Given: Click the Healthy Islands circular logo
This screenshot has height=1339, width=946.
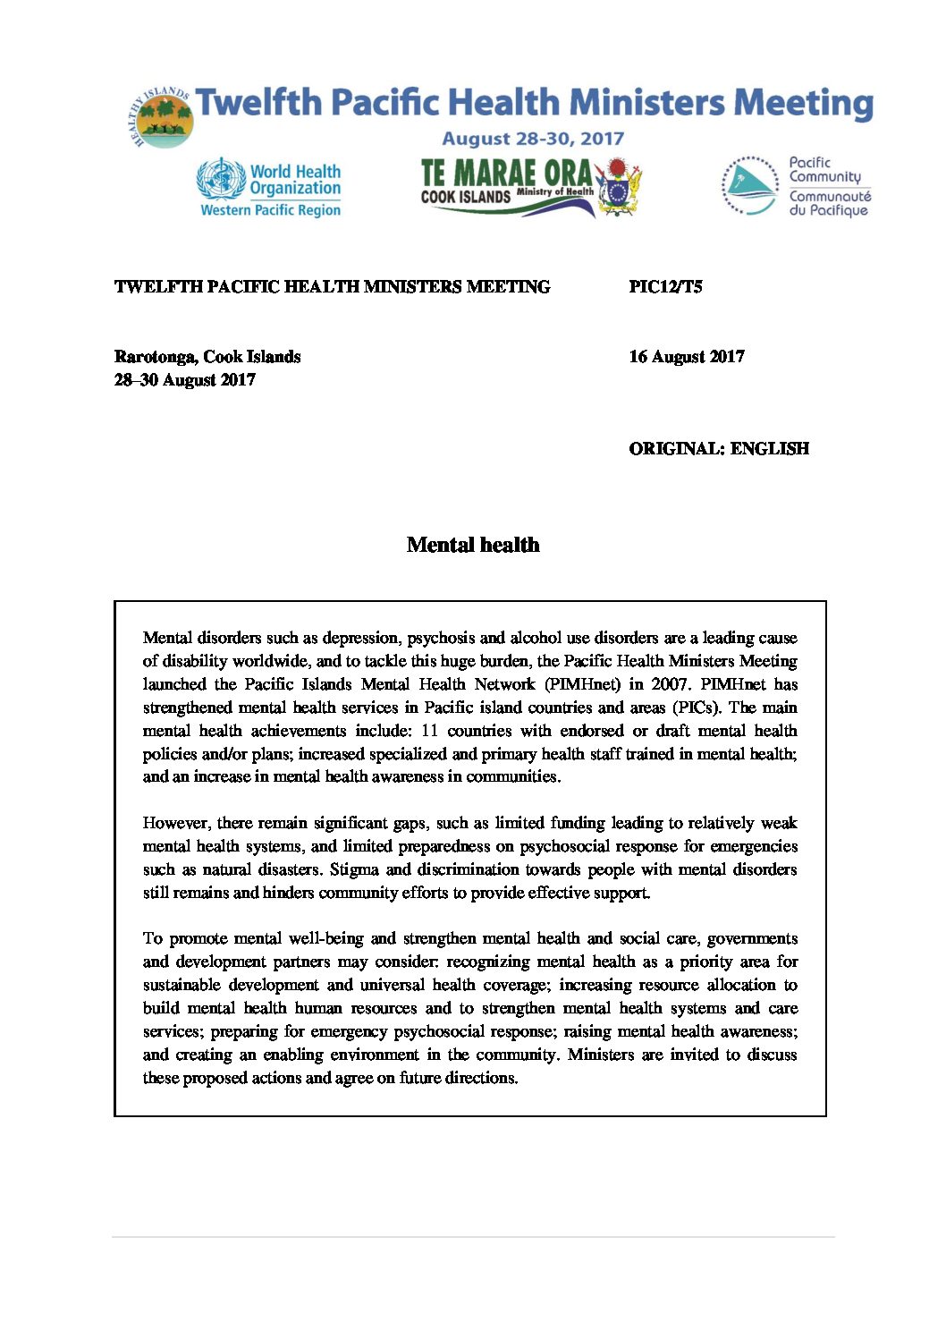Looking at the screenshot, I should pos(161,118).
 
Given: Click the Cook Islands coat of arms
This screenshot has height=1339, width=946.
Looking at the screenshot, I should pos(619,186).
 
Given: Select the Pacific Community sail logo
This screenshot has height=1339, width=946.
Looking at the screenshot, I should pos(749,186).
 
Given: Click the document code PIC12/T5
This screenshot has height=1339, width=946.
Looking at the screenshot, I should pos(665,287).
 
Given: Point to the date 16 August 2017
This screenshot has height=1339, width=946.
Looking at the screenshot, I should pos(686,357).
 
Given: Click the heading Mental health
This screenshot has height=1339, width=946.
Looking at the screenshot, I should pos(473,545).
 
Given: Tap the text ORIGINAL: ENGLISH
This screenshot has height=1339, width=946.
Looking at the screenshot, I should pos(718,449).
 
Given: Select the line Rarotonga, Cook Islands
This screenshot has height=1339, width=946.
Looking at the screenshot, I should pos(207,357).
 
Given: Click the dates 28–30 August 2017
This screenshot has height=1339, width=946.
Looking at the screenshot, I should pos(185,380).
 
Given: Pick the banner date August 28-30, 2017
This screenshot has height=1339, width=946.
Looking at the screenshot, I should pos(533,139).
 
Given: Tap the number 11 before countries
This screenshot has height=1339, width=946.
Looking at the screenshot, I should pos(429,731).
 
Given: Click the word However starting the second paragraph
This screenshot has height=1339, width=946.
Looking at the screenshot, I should pos(175,823).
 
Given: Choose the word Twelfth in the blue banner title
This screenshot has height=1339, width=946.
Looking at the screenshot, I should pos(258,103).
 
